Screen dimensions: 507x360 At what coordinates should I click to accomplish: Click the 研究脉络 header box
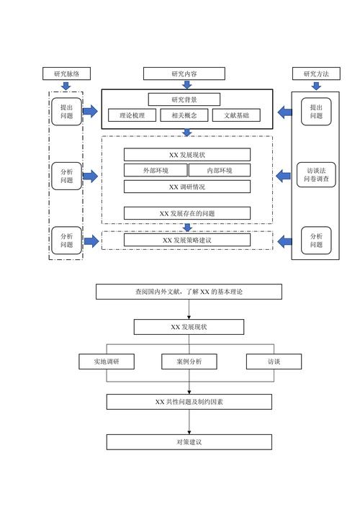[x=66, y=73]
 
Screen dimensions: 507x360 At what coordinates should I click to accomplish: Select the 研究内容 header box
[x=184, y=73]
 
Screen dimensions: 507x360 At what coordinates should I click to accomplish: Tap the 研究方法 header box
[x=316, y=73]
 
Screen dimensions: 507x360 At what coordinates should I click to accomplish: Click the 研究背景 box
[x=184, y=99]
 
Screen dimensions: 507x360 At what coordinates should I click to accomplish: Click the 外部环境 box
[x=156, y=171]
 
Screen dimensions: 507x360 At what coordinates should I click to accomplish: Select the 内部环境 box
[x=220, y=171]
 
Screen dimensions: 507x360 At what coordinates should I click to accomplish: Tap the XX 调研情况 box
[x=187, y=187]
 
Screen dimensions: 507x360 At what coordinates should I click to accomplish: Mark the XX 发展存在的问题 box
[x=187, y=213]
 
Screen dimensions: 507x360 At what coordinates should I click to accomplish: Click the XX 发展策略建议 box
[x=187, y=240]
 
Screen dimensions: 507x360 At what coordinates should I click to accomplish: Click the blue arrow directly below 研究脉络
[x=66, y=86]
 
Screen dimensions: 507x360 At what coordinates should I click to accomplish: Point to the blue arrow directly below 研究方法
[x=316, y=86]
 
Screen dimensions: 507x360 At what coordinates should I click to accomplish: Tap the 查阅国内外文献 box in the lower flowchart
[x=189, y=292]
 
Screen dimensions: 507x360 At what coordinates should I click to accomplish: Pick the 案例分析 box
[x=189, y=362]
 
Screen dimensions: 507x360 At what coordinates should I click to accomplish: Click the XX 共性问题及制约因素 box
[x=189, y=401]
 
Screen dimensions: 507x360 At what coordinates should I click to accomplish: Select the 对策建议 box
[x=189, y=441]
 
